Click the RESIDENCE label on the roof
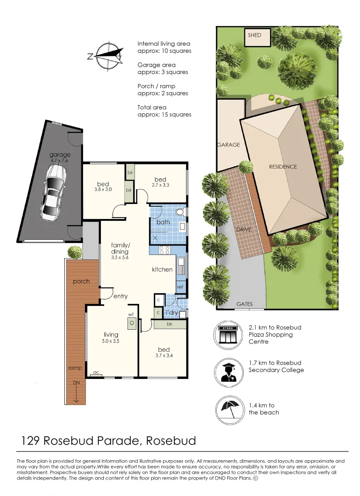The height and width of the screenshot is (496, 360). tap(283, 167)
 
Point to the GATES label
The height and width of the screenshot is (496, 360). tap(244, 304)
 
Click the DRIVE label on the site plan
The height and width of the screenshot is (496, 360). tap(243, 229)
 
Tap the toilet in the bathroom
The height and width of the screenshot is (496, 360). tap(180, 213)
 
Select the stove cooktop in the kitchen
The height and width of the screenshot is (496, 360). tap(164, 250)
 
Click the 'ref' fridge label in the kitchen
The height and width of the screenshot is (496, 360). tap(180, 287)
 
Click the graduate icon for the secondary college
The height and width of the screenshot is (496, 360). tap(228, 370)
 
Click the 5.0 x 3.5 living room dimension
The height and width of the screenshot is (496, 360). tap(111, 341)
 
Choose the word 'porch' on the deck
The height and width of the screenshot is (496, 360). tap(81, 282)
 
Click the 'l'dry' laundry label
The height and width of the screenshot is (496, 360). tap(171, 313)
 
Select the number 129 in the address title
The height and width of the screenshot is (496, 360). tap(31, 441)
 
